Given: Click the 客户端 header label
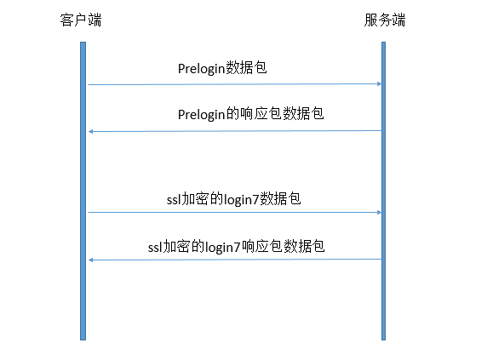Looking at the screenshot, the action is pos(81,20).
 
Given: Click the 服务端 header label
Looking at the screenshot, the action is pos(385,20).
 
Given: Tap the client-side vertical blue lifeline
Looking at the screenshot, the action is pos(83,191).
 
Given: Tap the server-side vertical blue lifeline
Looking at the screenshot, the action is pos(383,191).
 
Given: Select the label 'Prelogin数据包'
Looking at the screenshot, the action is pos(222,68).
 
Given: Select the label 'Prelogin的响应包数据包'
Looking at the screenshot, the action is pos(250,114).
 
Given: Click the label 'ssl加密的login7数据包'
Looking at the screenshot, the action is pos(233,199).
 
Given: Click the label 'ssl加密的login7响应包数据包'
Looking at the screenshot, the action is pos(236,247).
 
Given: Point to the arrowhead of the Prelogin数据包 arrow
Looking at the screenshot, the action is pos(379,84).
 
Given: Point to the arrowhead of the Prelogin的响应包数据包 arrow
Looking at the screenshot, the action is pos(90,131).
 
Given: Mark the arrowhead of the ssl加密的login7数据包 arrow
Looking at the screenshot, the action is pos(379,213).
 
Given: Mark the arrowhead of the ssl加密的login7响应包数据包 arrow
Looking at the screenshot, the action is pos(90,260).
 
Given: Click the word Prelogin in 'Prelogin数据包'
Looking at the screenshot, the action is pos(202,69).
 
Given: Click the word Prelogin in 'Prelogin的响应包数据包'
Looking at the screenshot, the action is pos(202,114).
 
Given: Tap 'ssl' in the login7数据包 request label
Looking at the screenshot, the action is pos(174,200).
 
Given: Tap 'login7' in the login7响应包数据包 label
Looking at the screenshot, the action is pos(223,248).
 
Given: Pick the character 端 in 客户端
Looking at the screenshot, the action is pos(95,20).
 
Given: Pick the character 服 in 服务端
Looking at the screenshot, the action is pos(371,20).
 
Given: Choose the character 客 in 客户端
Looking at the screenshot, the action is pos(66,20).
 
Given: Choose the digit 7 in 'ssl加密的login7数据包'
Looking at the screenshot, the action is pos(256,200).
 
